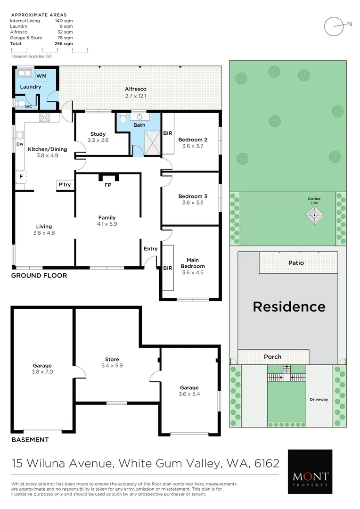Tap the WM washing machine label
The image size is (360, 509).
pos(41,76)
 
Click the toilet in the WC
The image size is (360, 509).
pos(20,103)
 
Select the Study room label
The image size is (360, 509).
pos(98,134)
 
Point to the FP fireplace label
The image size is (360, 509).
pos(107,185)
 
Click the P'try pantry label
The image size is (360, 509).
pos(65,184)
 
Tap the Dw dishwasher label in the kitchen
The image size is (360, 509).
pos(20,144)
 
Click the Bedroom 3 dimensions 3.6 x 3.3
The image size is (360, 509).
pos(192,203)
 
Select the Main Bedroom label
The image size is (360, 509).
pos(192,263)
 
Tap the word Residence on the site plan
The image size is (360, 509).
pos(289,307)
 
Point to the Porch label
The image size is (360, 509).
pos(272,357)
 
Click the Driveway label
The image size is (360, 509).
pos(319,400)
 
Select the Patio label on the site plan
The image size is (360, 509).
pos(296,263)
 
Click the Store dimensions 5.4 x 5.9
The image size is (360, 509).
pos(112,365)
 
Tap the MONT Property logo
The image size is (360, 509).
pos(310,471)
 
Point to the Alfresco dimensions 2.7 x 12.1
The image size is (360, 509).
pos(136,96)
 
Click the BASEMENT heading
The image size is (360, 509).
pos(30,440)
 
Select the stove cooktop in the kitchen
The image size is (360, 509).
pos(45,118)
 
